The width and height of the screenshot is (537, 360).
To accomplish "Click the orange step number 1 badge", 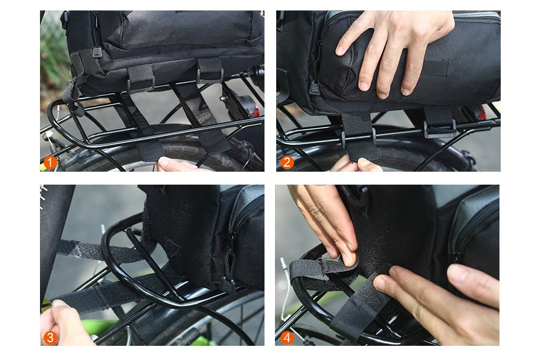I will point(50,162).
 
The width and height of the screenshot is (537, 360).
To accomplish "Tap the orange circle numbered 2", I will point(287,162).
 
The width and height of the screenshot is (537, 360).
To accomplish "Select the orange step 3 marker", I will point(50,337).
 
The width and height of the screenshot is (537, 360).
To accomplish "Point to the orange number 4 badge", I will point(287,337).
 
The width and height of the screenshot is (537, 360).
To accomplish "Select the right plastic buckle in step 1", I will point(210,74).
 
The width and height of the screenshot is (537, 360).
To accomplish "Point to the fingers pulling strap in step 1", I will point(175,164).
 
